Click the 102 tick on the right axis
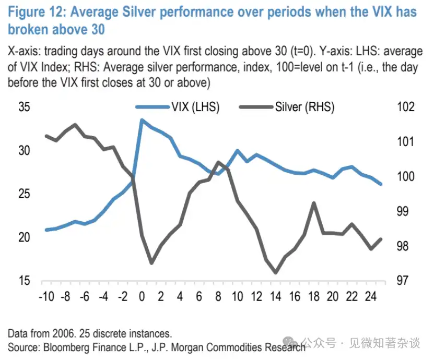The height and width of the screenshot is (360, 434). pos(405,107)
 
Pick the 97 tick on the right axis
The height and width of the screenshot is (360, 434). pos(403,281)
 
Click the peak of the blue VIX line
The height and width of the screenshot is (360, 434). pos(142,120)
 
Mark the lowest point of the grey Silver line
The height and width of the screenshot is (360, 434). pos(275,272)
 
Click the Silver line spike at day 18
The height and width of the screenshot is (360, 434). pos(314,203)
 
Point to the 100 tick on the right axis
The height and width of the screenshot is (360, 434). pos(405,176)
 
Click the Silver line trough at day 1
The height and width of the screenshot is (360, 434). pos(151,262)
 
